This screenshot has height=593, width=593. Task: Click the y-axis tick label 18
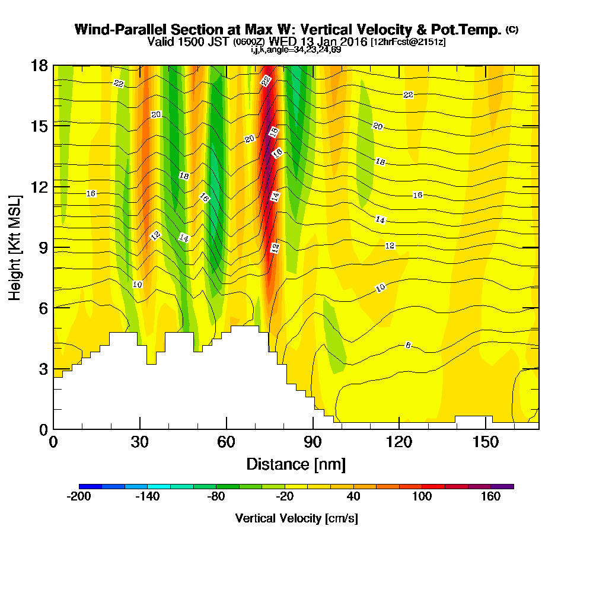pyautogui.click(x=39, y=65)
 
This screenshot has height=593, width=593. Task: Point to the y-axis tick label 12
pyautogui.click(x=39, y=186)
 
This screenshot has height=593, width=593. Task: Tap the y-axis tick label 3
pyautogui.click(x=43, y=368)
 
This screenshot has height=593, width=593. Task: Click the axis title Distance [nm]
pyautogui.click(x=296, y=463)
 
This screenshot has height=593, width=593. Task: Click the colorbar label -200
pyautogui.click(x=79, y=497)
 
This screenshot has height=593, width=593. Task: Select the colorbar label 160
pyautogui.click(x=491, y=497)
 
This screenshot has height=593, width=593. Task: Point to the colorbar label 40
pyautogui.click(x=353, y=497)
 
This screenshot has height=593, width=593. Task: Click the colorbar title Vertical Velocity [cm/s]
pyautogui.click(x=296, y=518)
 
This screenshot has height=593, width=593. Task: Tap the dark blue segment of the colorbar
pyautogui.click(x=90, y=486)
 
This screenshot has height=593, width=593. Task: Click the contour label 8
pyautogui.click(x=408, y=345)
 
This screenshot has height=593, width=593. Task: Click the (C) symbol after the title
pyautogui.click(x=512, y=29)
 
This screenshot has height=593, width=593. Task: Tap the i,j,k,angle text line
pyautogui.click(x=296, y=49)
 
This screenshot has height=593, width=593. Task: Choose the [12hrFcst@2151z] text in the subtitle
pyautogui.click(x=408, y=42)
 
